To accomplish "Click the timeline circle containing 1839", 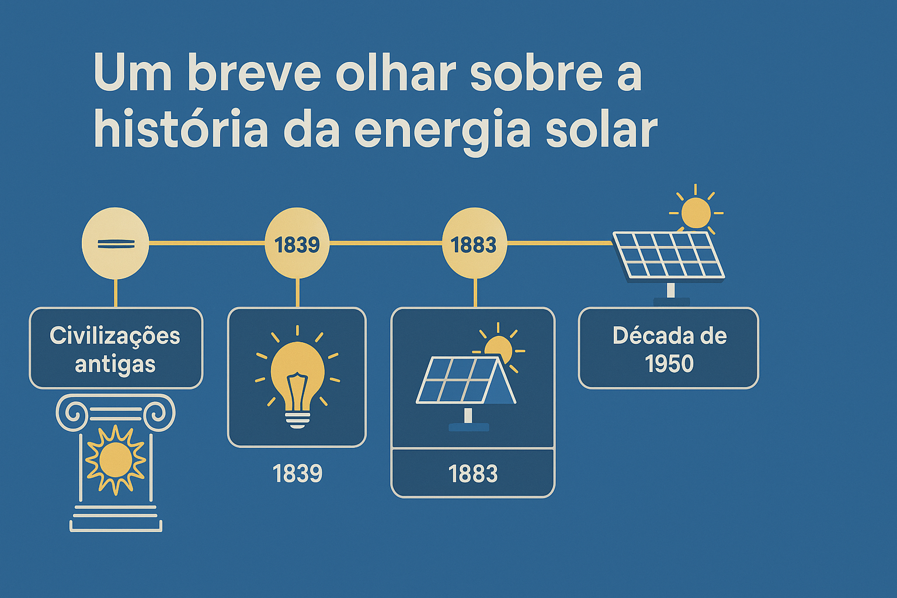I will (297, 244).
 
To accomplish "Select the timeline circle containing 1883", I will (474, 244).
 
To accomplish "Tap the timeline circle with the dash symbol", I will (116, 244).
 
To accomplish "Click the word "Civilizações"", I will (115, 336).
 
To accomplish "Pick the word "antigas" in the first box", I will (115, 364).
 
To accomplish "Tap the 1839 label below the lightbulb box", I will (297, 473).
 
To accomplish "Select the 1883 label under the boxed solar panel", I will (473, 474).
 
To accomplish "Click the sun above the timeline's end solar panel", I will (696, 212).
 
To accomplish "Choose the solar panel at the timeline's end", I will (668, 255).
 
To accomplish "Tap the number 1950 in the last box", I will (669, 364).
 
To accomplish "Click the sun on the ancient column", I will (116, 460).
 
